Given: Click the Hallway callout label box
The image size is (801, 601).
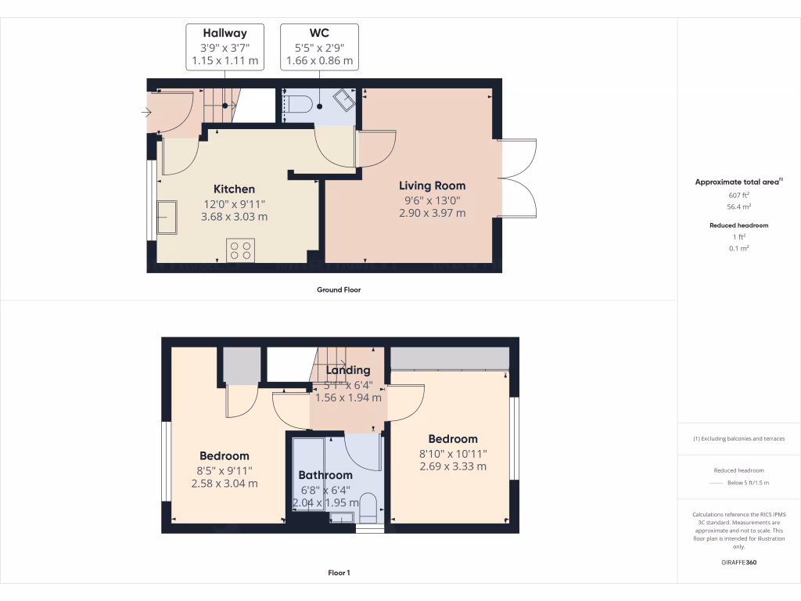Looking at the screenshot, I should tap(224, 47).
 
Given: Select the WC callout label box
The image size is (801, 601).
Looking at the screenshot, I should tap(319, 47).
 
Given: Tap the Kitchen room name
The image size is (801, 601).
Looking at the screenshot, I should tap(235, 189).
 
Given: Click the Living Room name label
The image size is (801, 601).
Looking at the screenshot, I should tap(432, 186).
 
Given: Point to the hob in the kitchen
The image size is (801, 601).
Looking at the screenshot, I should tap(241, 250).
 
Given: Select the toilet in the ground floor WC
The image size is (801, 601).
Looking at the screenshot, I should tap(298, 103).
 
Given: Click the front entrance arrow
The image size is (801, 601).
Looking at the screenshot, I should tap(145, 113).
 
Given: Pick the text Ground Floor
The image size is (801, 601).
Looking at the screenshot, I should tap(338, 290).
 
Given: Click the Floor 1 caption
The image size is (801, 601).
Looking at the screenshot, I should tap(338, 573).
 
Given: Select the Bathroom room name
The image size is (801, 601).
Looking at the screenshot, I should tap(325, 475).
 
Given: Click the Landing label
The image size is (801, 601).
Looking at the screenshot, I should tap(348, 370).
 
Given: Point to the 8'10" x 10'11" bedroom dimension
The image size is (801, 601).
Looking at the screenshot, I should tap(453, 453).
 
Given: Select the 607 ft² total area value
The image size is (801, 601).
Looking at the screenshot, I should tap(738, 196).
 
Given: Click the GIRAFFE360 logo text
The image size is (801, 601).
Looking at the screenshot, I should tap(738, 562).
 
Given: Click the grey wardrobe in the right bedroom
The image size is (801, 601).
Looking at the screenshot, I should tap(450, 358).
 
